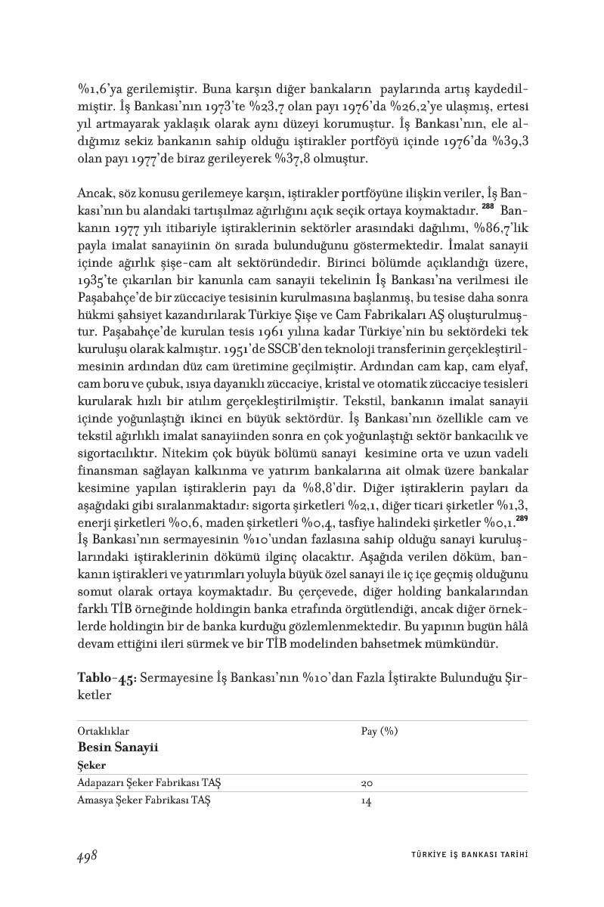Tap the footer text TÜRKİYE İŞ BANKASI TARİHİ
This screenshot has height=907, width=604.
[x=464, y=855]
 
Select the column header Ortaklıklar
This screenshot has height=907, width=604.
[x=104, y=732]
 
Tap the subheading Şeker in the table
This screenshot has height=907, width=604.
[x=92, y=765]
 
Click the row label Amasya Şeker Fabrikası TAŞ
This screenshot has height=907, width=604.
[x=144, y=802]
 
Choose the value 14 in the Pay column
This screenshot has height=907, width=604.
[x=367, y=802]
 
